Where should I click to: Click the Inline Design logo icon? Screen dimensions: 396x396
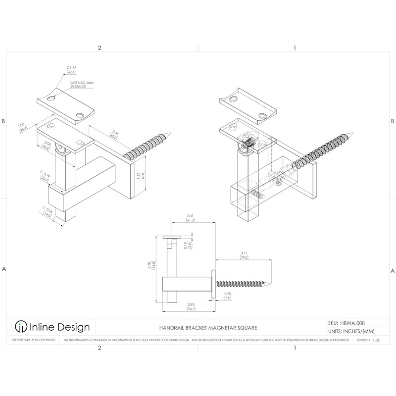[x=21, y=327]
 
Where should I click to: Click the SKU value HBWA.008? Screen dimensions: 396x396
[x=353, y=323]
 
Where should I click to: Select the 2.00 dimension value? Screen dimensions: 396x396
[x=47, y=144]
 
